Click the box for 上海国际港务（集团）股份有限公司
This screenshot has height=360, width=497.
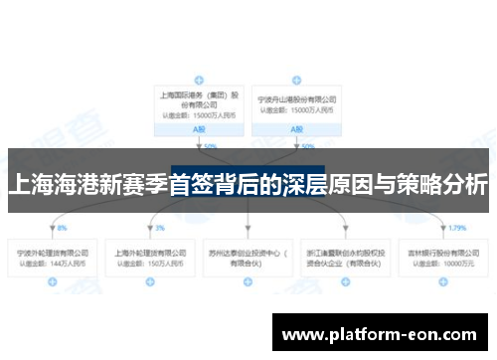[x=199, y=104]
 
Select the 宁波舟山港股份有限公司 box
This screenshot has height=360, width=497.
[x=296, y=104]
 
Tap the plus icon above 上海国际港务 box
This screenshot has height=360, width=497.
[x=199, y=78]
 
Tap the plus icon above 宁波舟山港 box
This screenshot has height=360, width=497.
[x=296, y=78]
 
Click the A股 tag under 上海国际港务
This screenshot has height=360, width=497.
[x=199, y=130]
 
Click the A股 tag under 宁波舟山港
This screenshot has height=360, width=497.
[x=296, y=130]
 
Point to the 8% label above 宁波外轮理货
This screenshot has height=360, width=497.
[x=62, y=228]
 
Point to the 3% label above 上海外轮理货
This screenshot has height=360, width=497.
[x=159, y=228]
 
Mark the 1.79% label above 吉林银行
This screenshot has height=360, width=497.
[x=457, y=228]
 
